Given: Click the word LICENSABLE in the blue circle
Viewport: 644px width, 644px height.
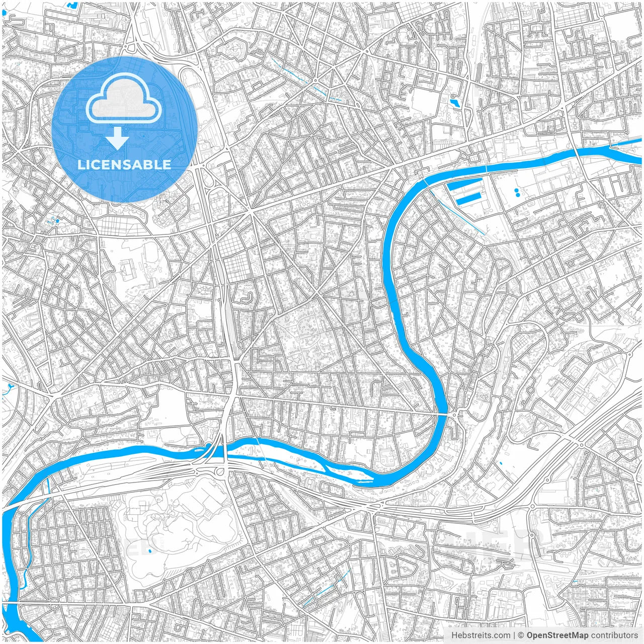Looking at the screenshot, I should click(x=124, y=165).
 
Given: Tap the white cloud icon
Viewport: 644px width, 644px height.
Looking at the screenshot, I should click(x=124, y=101).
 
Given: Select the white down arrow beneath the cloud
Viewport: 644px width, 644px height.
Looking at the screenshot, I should click(x=117, y=138).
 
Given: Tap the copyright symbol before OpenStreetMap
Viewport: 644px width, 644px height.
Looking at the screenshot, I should click(x=521, y=635).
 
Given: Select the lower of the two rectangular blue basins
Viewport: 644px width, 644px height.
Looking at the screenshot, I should click(x=469, y=200).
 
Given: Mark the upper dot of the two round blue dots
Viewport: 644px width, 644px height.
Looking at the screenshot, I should click(x=516, y=190).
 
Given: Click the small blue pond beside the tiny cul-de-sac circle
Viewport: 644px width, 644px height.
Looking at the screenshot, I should click(x=455, y=103).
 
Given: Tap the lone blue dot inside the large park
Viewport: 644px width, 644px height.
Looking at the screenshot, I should click(x=150, y=551).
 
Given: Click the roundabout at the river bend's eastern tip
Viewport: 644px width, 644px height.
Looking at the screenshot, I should click(x=455, y=414).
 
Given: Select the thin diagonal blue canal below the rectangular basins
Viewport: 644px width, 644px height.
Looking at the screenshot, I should click(x=458, y=214).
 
